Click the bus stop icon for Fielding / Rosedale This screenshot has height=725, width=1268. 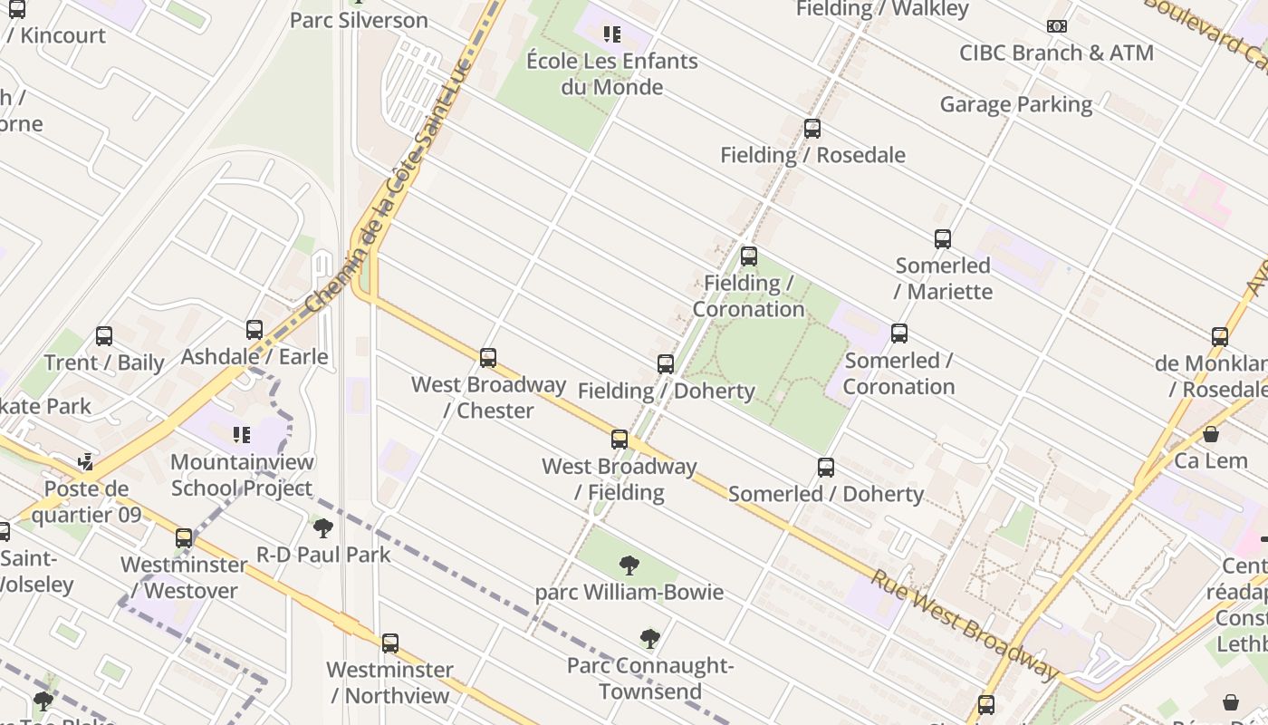coord(812,129)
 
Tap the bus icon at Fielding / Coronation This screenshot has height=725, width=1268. coord(748,256)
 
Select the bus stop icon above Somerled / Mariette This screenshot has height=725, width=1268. coord(943,239)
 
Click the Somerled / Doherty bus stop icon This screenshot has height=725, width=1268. coord(826,468)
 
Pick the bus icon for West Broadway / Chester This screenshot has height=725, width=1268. coord(488,358)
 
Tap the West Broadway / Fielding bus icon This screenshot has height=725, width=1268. coord(620,440)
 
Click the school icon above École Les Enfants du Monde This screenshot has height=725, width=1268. coord(612,34)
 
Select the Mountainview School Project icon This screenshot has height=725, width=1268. coord(242,435)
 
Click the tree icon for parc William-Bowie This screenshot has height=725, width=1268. coord(629,566)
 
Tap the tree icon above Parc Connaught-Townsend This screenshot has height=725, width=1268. coord(649,639)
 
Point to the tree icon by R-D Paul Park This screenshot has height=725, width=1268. coord(322,528)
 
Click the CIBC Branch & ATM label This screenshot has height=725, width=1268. coord(1056,53)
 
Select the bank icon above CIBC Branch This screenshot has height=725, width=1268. coord(1056,26)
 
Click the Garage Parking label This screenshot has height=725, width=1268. coord(1015,104)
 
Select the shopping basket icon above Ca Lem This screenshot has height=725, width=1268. coord(1211,434)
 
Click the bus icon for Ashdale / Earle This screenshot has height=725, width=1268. coord(255,330)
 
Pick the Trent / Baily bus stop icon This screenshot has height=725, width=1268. coord(104,336)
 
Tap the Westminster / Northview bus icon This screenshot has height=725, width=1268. coord(389,643)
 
